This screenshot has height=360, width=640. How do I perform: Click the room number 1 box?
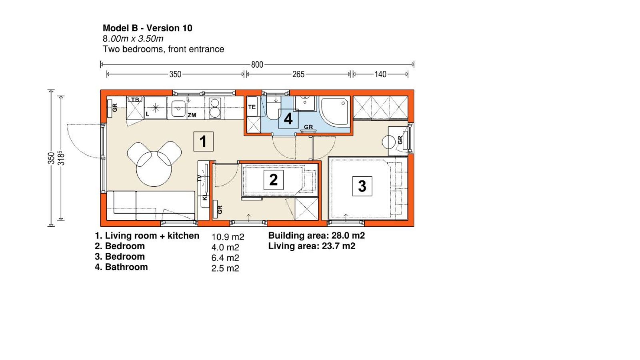(x=203, y=142)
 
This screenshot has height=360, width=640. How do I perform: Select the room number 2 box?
(x=274, y=180)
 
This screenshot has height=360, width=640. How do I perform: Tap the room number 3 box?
(x=362, y=186)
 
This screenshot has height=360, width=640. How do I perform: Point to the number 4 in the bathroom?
(x=288, y=119)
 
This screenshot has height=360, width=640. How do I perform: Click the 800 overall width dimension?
(x=257, y=64)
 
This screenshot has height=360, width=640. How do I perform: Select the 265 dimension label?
(x=298, y=74)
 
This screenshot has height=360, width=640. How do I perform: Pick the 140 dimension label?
(x=380, y=74)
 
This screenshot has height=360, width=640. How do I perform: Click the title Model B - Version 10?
(x=148, y=28)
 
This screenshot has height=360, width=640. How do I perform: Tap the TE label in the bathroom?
(x=252, y=107)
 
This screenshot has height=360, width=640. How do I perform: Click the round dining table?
(x=154, y=169)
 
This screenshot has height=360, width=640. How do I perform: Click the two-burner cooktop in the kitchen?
(x=214, y=108)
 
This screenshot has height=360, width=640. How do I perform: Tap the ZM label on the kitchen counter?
(x=192, y=115)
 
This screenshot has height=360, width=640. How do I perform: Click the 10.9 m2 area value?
(x=228, y=237)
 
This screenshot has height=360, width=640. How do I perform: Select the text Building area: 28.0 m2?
(x=316, y=236)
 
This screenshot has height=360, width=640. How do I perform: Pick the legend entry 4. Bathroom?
(x=121, y=267)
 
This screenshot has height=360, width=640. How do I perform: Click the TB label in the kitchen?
(x=135, y=100)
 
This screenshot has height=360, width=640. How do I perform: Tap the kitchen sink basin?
(x=178, y=108)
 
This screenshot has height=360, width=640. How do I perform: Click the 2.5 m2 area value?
(x=225, y=268)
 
